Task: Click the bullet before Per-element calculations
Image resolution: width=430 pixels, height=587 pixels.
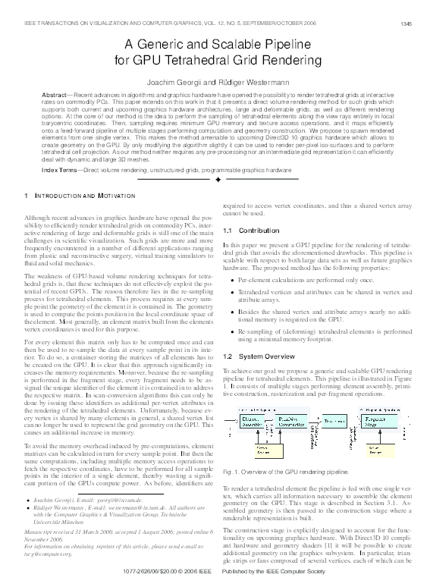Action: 231,280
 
